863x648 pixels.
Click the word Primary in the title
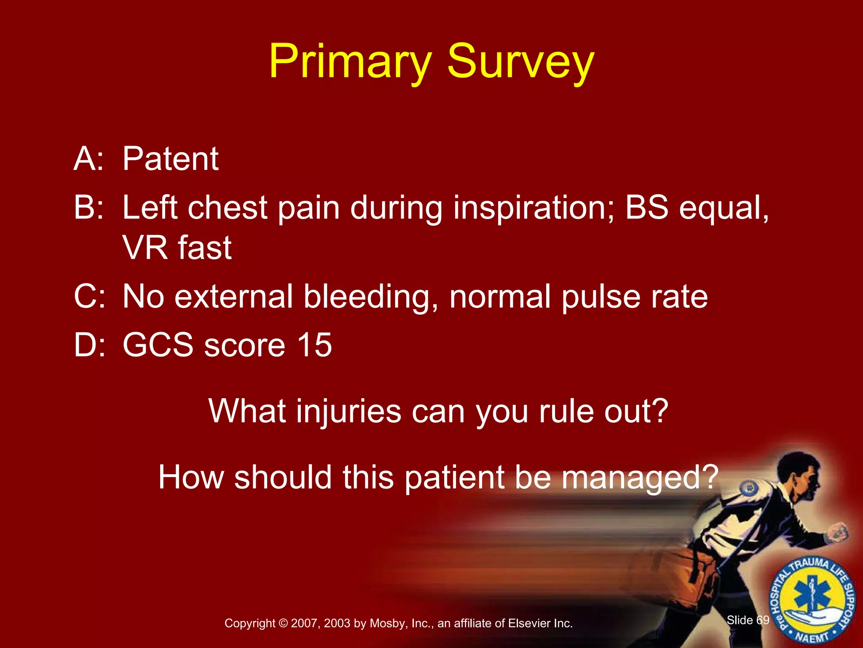pos(350,62)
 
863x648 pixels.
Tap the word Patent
pos(170,159)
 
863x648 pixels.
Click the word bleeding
pos(370,297)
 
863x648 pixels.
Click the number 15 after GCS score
pos(314,345)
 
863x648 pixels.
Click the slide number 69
pos(763,620)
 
